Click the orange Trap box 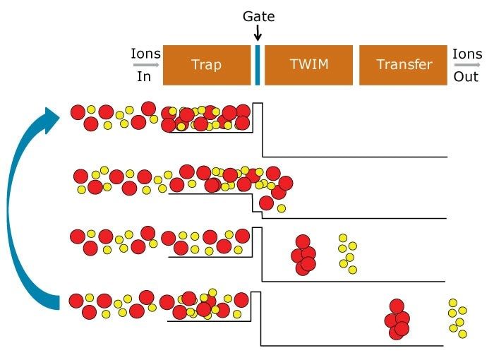[x=207, y=66]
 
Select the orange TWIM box [x=308, y=66]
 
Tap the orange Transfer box [x=404, y=66]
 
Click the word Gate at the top [x=258, y=16]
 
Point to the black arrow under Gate [x=258, y=32]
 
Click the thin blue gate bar [x=258, y=66]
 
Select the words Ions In [x=145, y=65]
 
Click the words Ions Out [x=466, y=65]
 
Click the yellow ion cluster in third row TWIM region [x=347, y=253]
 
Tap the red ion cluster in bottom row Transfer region [x=397, y=319]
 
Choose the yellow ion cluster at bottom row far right [x=457, y=318]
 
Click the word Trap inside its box [x=206, y=65]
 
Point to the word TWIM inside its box [x=308, y=65]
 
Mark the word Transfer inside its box [x=404, y=65]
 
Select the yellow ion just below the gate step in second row [x=282, y=208]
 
